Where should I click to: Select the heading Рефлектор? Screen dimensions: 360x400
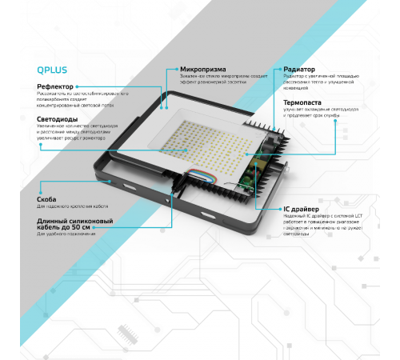coord(56,86)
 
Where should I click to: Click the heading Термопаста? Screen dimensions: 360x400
coord(304,102)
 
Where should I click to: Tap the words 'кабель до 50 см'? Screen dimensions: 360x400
coord(63,227)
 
